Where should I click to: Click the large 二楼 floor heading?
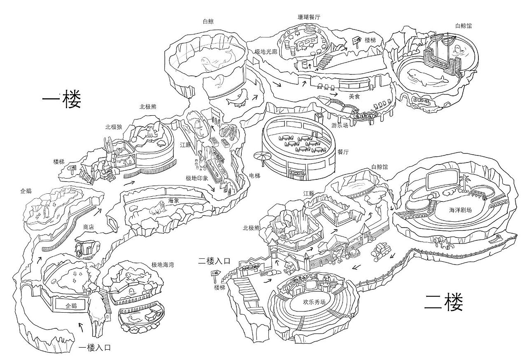point(444,303)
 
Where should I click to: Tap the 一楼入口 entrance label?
point(95,348)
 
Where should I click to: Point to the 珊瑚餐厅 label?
point(309,17)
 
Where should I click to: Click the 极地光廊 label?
point(266,52)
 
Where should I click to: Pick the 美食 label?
point(354,96)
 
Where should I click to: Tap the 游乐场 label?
point(340,125)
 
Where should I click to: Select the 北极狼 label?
point(114,127)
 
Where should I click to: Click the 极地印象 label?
point(197,178)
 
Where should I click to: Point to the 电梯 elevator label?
point(255,176)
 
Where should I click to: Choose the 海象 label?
point(173,200)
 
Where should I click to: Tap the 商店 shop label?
point(89,227)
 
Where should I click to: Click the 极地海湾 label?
point(162,265)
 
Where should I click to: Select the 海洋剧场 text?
point(460,209)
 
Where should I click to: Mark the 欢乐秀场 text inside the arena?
point(314,301)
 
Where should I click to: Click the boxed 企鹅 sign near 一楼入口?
point(71,306)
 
